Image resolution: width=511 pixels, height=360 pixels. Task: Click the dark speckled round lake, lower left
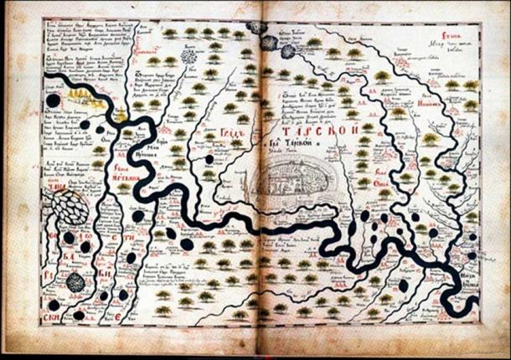[x=75, y=280]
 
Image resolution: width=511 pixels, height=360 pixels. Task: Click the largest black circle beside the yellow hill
[x=53, y=100]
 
